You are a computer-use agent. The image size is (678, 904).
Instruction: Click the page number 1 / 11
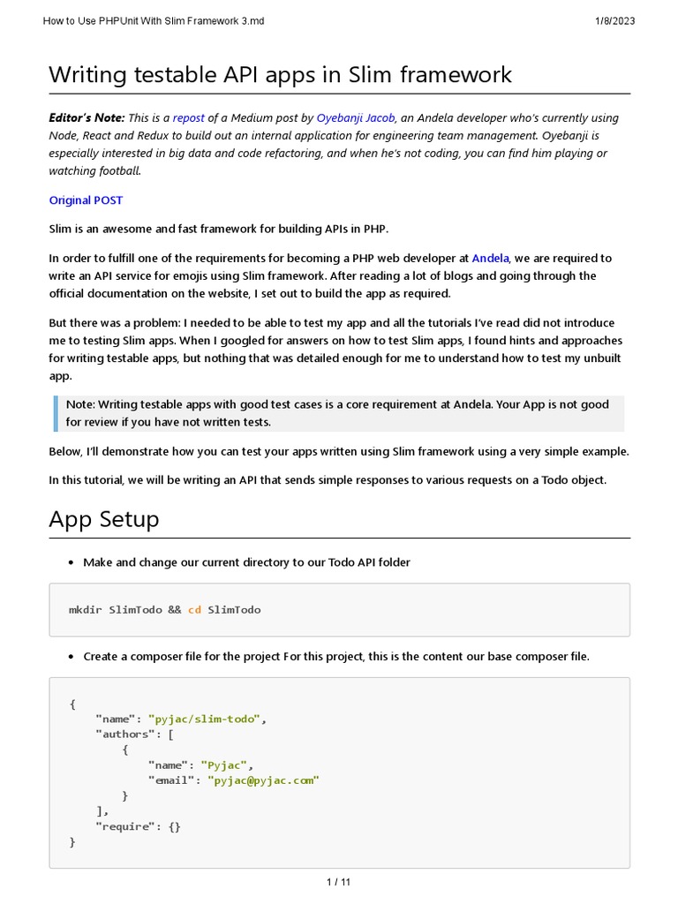pos(339,881)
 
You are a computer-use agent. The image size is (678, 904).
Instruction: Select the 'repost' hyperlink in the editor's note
pos(189,117)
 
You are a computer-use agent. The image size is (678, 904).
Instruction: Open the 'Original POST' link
pos(86,200)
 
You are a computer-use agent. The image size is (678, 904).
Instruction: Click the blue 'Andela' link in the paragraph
pos(490,259)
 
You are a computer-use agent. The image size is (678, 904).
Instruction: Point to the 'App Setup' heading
pos(104,519)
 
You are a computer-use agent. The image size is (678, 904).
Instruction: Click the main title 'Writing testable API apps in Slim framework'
pos(280,74)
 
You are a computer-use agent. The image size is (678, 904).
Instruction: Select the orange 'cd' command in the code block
pos(194,610)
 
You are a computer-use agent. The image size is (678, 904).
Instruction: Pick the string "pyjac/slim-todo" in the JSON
pos(205,719)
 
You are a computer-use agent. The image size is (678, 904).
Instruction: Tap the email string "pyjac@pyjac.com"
pos(264,780)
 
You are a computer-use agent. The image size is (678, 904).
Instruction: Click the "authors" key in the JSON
pos(124,734)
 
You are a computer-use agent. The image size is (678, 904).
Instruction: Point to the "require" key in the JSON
pos(124,826)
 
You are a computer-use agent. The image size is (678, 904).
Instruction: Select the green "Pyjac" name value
pos(224,765)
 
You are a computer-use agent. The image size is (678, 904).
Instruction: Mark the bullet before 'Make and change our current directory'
pos(71,563)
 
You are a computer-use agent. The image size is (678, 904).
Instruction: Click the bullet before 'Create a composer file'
pos(71,657)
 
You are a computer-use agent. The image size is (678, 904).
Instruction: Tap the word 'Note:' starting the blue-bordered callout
pos(80,404)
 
